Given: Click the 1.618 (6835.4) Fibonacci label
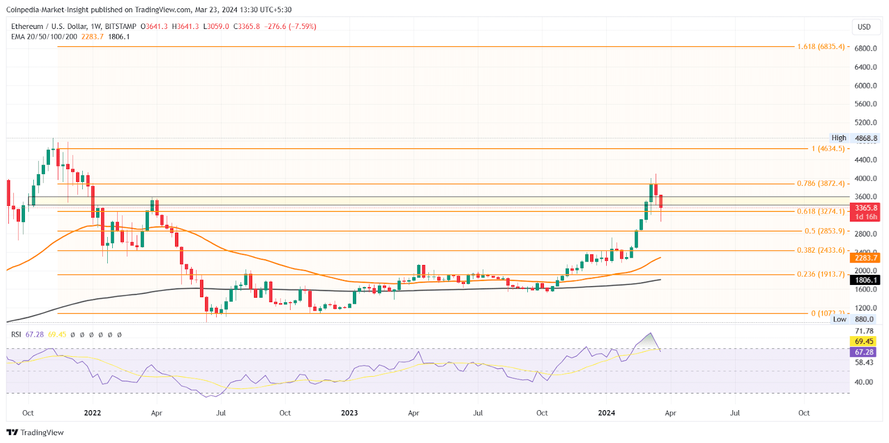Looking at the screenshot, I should tap(821, 47).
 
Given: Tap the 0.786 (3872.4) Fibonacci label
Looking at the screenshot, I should tap(821, 184).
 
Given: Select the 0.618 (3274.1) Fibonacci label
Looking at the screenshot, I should tap(821, 211).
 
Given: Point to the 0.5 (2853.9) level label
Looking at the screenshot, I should tap(825, 231).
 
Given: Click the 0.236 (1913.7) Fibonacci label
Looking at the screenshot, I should tap(821, 274).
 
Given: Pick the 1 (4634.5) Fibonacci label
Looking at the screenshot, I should tap(828, 149).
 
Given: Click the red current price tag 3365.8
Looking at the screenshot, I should tap(866, 208).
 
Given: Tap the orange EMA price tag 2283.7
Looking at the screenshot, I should tap(866, 258).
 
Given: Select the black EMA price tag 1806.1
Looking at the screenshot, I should tap(866, 280).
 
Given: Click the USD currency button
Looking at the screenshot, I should tap(864, 27).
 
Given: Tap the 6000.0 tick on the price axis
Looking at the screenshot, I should tap(866, 86).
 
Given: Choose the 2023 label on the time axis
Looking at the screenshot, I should tap(349, 413).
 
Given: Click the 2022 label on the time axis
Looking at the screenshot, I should tap(92, 413).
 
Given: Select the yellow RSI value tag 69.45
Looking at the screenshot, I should tap(864, 341).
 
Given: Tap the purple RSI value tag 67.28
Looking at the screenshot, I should tap(864, 352).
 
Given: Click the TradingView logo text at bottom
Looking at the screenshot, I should tap(36, 432).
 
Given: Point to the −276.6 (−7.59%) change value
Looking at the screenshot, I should tap(290, 26).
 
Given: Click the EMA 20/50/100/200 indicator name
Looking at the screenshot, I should tap(44, 37).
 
